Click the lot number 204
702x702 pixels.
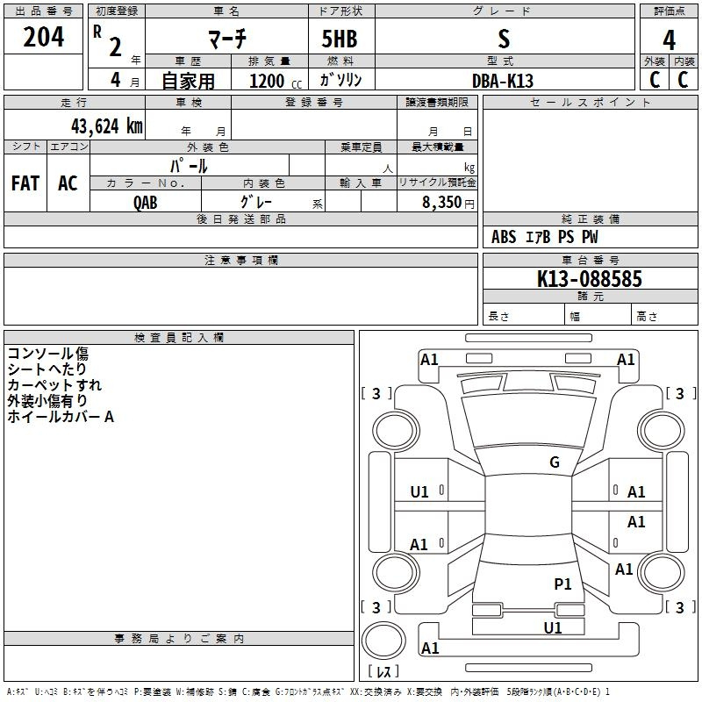click(x=43, y=37)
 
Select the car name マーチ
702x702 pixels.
click(x=227, y=38)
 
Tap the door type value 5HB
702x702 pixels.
click(x=340, y=39)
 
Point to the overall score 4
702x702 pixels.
click(x=669, y=39)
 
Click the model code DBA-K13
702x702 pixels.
click(x=503, y=81)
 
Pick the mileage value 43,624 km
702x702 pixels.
click(x=107, y=125)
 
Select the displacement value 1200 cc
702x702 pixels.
click(x=276, y=81)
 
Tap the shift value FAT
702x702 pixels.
click(x=25, y=183)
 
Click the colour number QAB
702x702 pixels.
click(x=146, y=203)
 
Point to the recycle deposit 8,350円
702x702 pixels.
click(x=448, y=202)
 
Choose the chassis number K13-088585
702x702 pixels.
click(x=589, y=278)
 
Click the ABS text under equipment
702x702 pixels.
click(x=504, y=237)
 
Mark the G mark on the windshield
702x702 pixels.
click(x=555, y=462)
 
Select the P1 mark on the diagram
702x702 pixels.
click(x=562, y=584)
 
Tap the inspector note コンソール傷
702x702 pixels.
click(x=48, y=354)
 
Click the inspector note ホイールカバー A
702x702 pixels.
click(x=61, y=416)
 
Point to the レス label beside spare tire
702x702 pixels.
click(x=383, y=670)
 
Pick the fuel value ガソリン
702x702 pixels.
click(x=340, y=80)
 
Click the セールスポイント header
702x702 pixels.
click(x=590, y=102)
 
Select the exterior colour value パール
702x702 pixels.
click(x=189, y=166)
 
